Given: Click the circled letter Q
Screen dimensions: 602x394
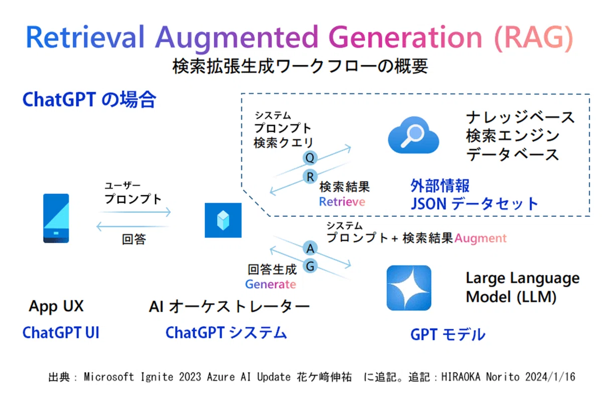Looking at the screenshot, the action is click(310, 158).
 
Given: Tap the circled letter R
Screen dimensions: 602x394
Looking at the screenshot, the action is click(310, 177).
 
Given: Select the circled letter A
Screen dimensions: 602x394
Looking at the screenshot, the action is click(310, 248).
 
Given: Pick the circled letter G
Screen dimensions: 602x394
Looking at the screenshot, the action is click(310, 266).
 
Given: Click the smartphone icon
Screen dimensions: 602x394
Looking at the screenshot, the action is click(56, 218).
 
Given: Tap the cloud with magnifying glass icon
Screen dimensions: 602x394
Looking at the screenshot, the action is click(413, 136).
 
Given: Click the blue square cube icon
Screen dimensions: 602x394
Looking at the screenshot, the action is click(223, 220).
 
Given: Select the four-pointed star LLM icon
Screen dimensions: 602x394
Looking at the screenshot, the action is click(409, 288).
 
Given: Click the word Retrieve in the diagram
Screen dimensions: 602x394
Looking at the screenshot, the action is click(342, 202).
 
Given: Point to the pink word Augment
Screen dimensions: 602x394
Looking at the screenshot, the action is click(481, 238).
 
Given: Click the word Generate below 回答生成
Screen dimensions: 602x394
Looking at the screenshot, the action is click(270, 284).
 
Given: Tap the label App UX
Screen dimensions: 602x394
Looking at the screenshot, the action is click(56, 306).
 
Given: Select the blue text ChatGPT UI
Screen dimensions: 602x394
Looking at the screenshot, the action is click(61, 332).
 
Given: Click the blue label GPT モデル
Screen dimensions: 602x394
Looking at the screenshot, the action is click(447, 335).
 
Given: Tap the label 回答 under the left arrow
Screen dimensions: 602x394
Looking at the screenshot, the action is click(134, 239).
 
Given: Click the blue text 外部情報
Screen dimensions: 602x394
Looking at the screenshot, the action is click(440, 186).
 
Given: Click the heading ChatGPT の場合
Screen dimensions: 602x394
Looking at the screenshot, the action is click(89, 99).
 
